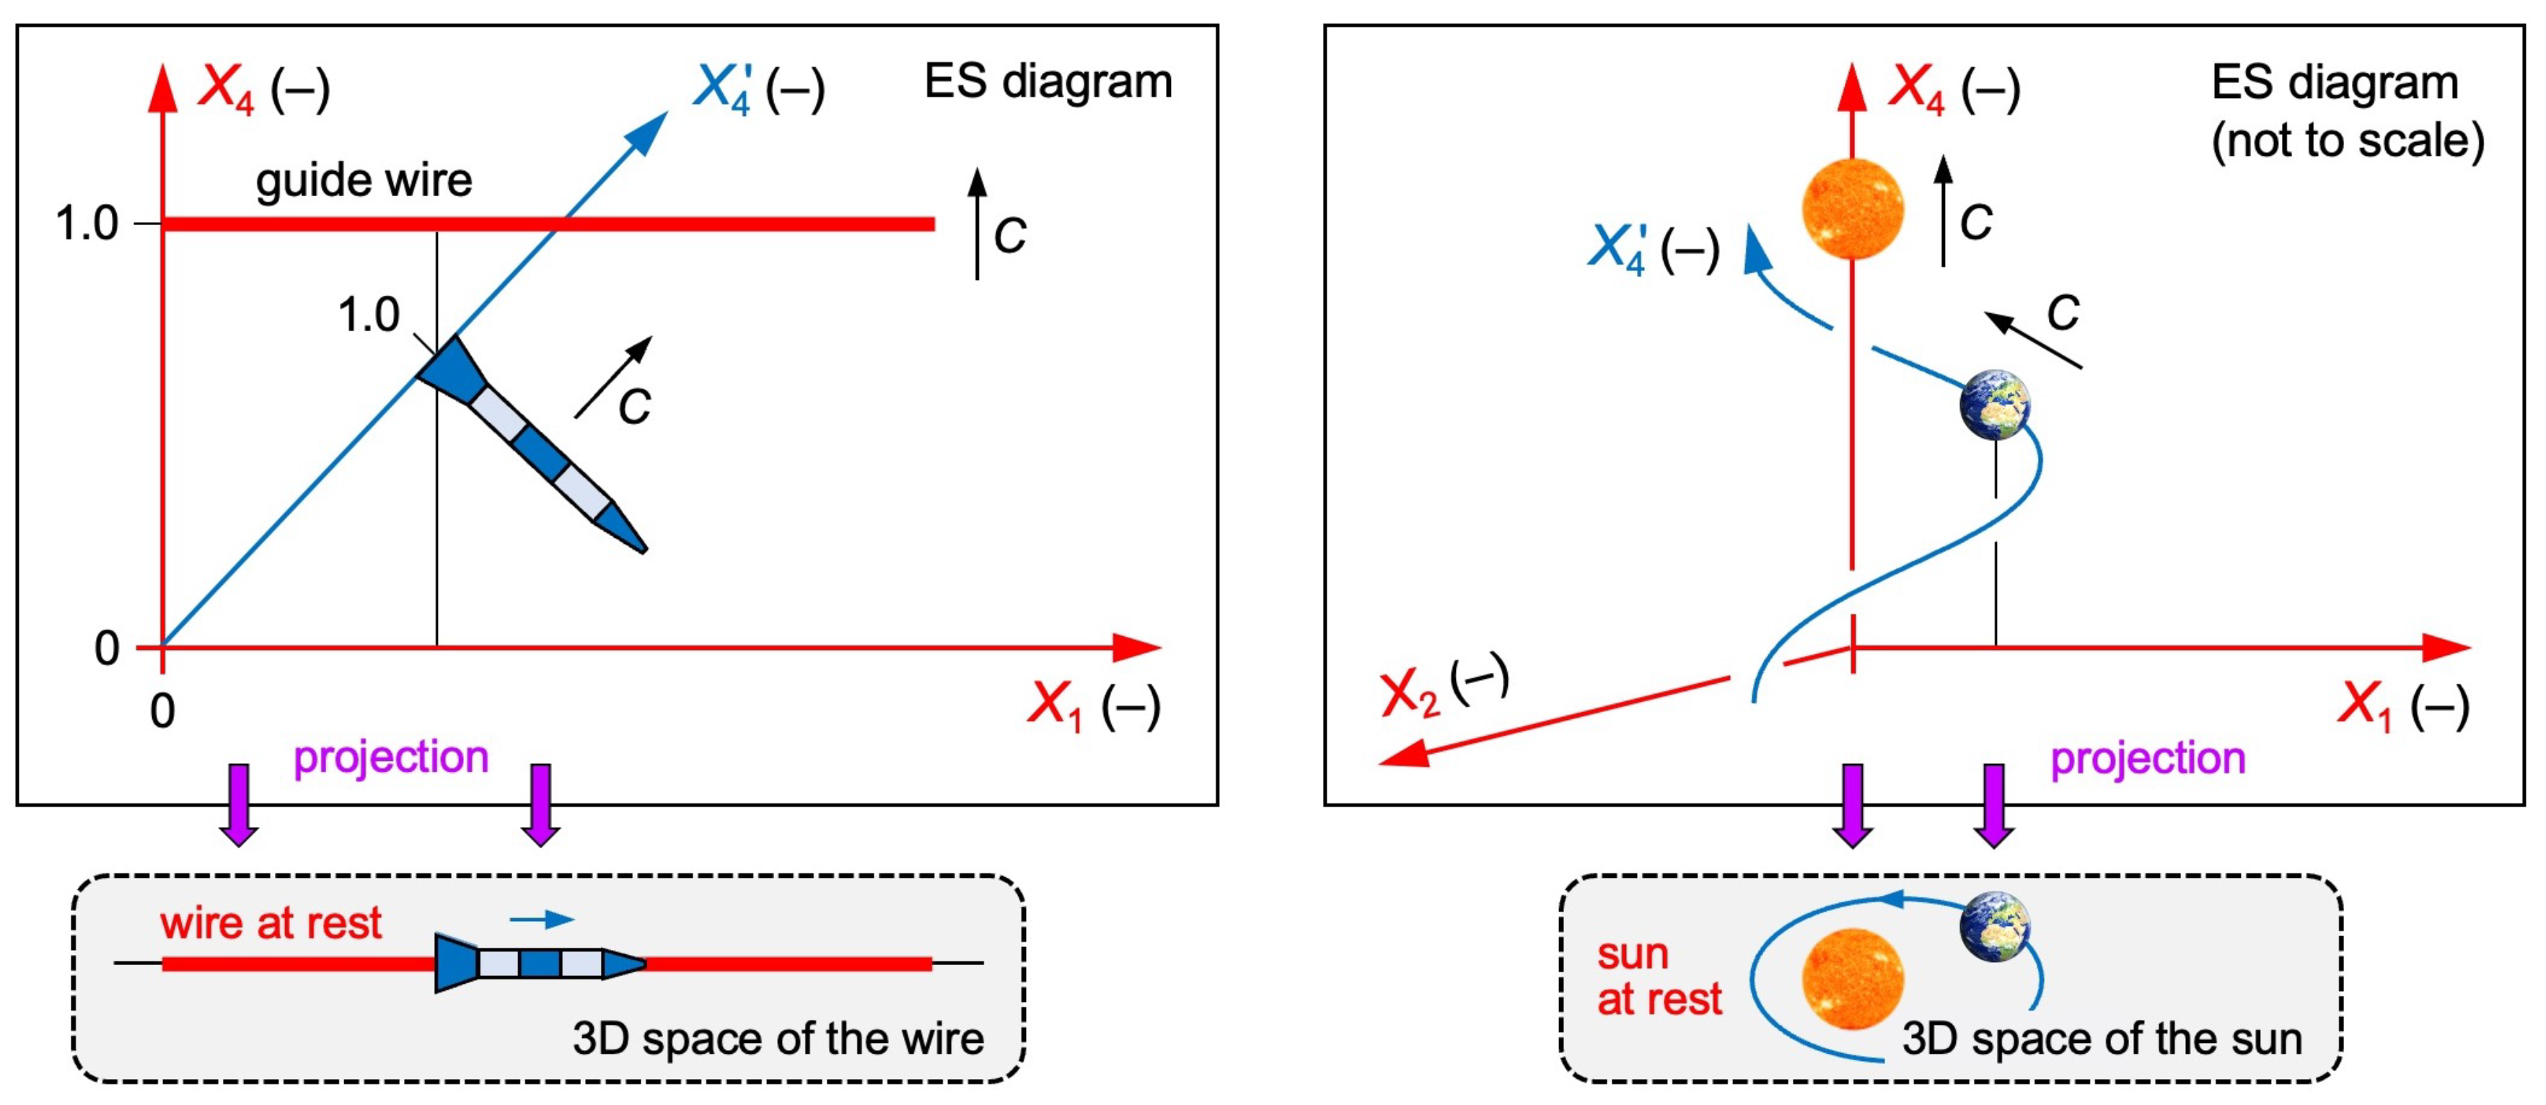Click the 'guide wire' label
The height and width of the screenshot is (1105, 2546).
tap(364, 181)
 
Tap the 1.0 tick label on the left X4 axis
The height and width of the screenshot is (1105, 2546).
tap(87, 224)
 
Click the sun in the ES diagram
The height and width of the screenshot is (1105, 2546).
tap(1852, 208)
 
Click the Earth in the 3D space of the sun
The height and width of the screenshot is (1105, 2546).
tap(1996, 926)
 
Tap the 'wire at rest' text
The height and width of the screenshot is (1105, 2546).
tap(270, 923)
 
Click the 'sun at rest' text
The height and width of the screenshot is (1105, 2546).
tap(1659, 977)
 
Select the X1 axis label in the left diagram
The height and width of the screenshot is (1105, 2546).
tap(1093, 705)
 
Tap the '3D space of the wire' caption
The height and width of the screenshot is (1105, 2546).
tap(778, 1039)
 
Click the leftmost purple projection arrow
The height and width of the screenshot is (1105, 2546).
tap(240, 804)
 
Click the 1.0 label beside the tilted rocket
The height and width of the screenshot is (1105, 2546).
tap(368, 315)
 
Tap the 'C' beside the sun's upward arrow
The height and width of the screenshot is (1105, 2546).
tap(1976, 222)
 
